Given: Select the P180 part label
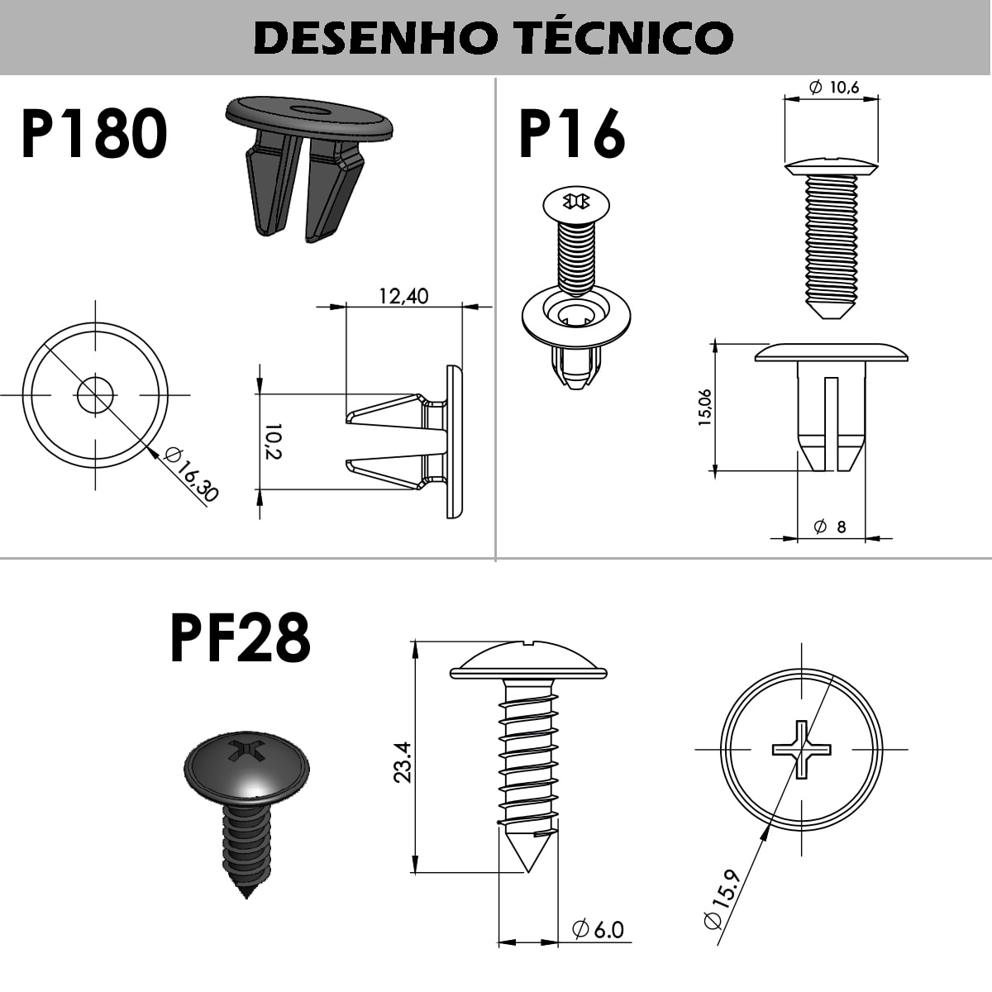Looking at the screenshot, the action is tap(94, 133).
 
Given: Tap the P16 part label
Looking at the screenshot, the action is tap(572, 133).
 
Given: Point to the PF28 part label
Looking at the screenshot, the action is tap(241, 638).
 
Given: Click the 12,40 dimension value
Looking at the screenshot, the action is tap(403, 296).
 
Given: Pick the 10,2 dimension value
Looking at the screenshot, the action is tap(274, 441).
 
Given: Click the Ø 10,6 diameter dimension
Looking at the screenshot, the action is tap(834, 88).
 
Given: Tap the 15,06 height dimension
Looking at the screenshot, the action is tap(705, 408).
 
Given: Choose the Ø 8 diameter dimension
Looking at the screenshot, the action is tap(829, 527).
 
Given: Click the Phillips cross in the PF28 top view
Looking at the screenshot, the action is tap(801, 749).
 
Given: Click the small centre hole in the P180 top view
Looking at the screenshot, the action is tap(95, 395).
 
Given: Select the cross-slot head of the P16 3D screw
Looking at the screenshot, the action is tap(576, 202).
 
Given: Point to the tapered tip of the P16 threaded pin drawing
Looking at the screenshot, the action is tap(830, 311).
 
